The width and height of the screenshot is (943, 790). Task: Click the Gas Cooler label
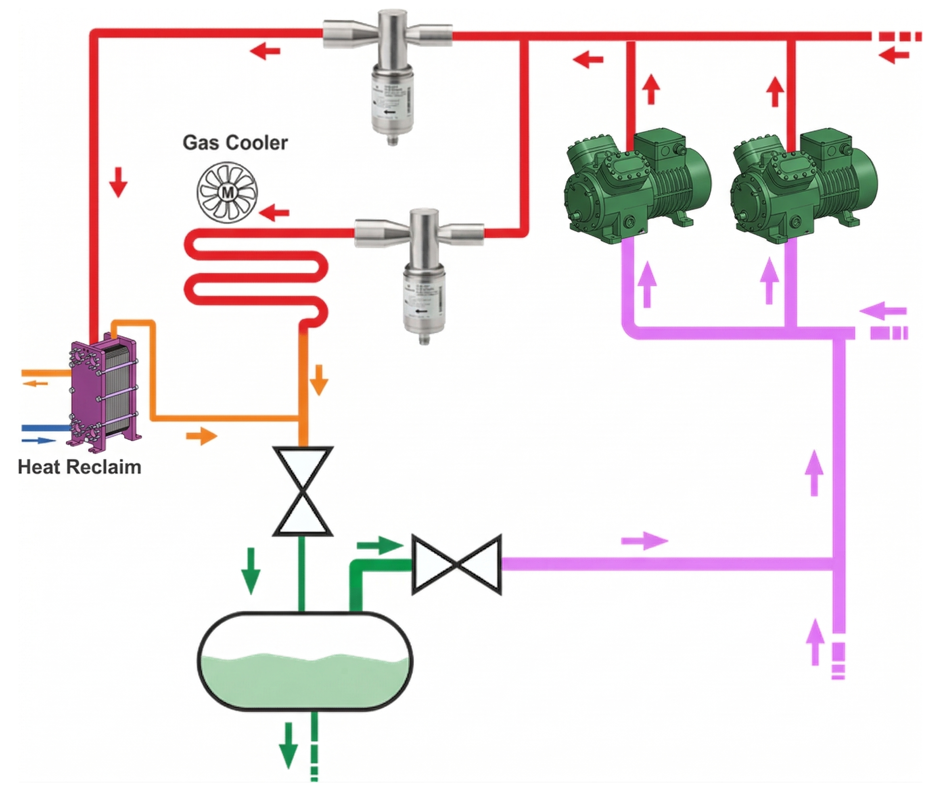tap(235, 143)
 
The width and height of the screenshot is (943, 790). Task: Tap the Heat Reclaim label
tap(79, 467)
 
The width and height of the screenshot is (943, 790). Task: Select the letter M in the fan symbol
tap(228, 193)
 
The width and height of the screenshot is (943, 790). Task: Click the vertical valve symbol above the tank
tap(303, 491)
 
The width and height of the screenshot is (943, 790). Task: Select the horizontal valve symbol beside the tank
tap(457, 564)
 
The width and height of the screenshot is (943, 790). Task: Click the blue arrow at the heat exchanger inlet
tap(39, 440)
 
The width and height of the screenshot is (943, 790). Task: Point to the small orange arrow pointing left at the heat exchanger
tap(36, 383)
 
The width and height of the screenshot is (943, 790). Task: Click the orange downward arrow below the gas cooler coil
tap(319, 380)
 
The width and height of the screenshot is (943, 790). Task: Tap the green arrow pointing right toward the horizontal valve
tap(379, 546)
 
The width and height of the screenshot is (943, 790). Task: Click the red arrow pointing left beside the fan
tap(274, 212)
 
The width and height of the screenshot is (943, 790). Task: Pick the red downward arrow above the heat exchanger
tap(119, 182)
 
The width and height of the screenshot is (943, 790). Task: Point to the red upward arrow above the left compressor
tap(651, 89)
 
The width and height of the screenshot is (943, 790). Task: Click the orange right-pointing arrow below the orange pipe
tap(202, 435)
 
